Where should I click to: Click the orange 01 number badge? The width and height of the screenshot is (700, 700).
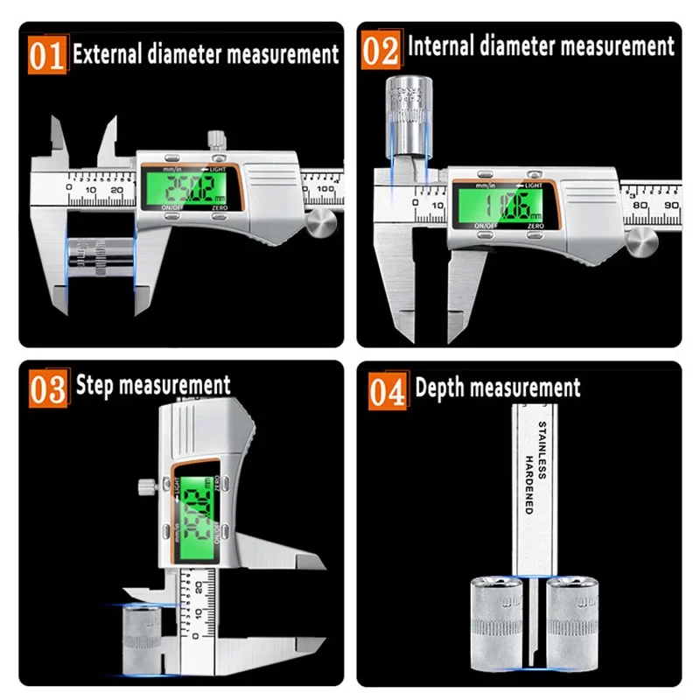pos(47,55)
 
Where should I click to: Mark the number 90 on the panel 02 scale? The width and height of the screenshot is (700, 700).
pos(670,204)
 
